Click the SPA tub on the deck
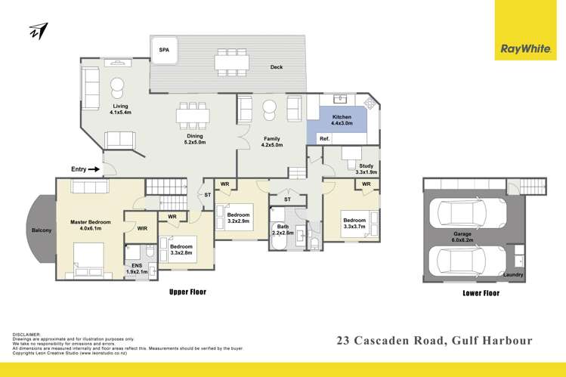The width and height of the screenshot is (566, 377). point(164,49)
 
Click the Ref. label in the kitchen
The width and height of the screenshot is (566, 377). point(325,139)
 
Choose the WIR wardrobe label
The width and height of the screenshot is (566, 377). point(142,227)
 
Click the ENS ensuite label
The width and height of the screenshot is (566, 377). point(137,266)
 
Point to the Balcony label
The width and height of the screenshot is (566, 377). point(41,230)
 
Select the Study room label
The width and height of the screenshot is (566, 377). point(365,166)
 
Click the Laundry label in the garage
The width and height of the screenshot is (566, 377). point(513,274)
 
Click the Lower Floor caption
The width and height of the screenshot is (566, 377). point(481,292)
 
